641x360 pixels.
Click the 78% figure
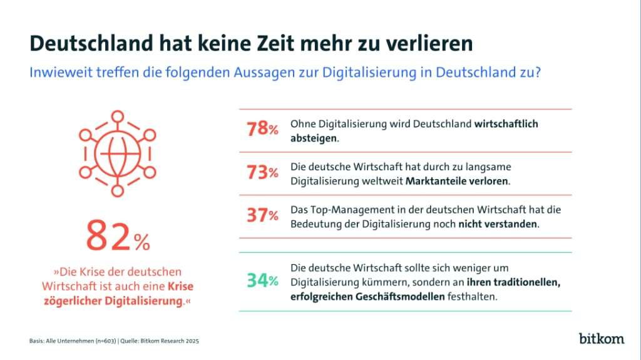tap(263, 130)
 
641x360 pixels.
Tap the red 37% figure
tap(263, 216)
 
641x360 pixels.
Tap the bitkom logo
tap(601, 339)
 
